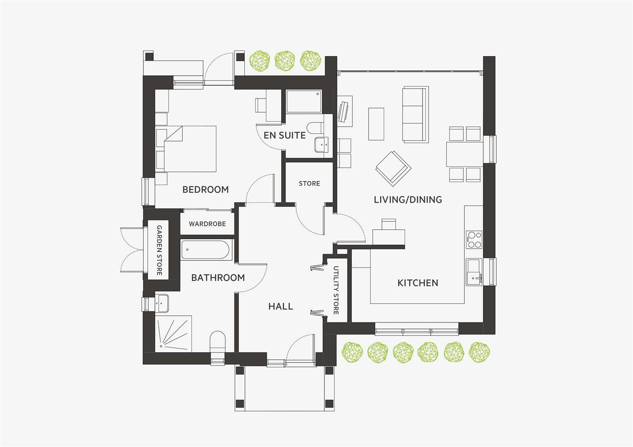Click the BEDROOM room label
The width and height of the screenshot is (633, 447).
pyautogui.click(x=205, y=190)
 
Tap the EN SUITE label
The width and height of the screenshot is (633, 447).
pyautogui.click(x=285, y=135)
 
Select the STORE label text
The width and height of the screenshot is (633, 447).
pyautogui.click(x=309, y=183)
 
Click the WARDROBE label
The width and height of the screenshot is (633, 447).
pyautogui.click(x=207, y=224)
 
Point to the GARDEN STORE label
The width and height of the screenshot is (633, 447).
pyautogui.click(x=159, y=250)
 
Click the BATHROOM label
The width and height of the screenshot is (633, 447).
pyautogui.click(x=218, y=278)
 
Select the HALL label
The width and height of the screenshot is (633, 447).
pyautogui.click(x=280, y=306)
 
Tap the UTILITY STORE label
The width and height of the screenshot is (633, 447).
pyautogui.click(x=336, y=290)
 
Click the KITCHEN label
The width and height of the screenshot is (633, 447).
pyautogui.click(x=418, y=283)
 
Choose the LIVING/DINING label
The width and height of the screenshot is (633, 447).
pyautogui.click(x=408, y=199)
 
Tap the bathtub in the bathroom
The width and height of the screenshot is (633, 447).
pyautogui.click(x=206, y=250)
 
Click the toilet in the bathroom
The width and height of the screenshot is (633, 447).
pyautogui.click(x=217, y=344)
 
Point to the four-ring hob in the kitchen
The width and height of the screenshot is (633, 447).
pyautogui.click(x=474, y=240)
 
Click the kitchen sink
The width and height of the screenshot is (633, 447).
pyautogui.click(x=474, y=272)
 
